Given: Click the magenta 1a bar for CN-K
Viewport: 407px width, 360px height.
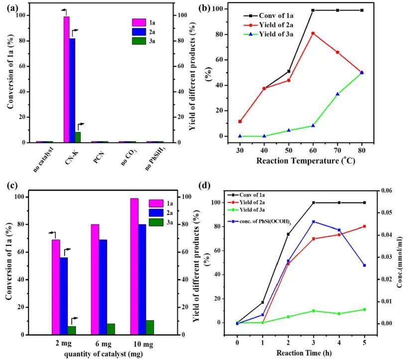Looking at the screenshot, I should point(66,80).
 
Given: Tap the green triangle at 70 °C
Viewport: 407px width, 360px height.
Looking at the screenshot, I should point(337,94).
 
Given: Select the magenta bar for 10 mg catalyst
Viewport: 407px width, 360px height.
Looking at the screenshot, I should point(135,266).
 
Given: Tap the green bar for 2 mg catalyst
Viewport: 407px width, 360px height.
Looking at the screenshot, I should point(72,330).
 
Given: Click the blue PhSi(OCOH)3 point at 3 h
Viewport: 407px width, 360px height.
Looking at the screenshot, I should point(313,222).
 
